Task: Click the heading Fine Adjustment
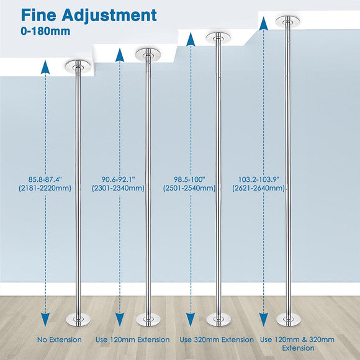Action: pos(89,16)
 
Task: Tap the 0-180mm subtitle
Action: pos(45,31)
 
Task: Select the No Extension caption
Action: pos(59,340)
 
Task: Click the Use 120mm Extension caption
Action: pos(133,340)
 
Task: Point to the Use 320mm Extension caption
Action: pos(217,340)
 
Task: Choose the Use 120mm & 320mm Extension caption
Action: pos(297,344)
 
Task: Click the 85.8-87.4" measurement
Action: pos(45,179)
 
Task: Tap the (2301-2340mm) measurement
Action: pos(118,188)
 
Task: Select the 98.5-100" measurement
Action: pos(189,179)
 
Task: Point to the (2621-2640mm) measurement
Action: pos(259,188)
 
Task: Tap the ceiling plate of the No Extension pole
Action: pos(78,67)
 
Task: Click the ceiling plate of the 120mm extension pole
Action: pos(148,55)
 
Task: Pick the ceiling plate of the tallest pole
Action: pos(288,22)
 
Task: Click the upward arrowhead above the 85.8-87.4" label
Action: pos(45,67)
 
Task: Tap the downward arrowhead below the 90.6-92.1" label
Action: pos(120,320)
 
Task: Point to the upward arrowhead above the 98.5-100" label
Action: pos(191,40)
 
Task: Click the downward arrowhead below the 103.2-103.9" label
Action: pos(264,320)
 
